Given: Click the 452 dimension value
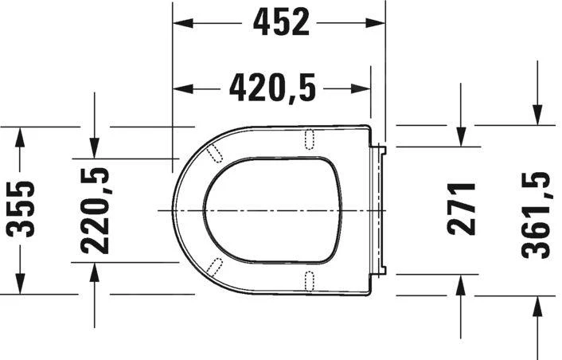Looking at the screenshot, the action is tap(281, 22).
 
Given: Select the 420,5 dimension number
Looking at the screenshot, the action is tap(272, 88).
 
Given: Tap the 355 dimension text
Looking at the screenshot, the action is tap(21, 209).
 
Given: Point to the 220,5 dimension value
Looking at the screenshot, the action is tap(95, 211).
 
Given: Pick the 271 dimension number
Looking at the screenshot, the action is tap(462, 209).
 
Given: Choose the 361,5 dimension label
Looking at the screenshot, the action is tap(536, 215).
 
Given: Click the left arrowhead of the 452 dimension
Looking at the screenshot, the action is tap(183, 23).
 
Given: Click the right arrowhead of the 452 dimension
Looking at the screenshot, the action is tap(375, 23).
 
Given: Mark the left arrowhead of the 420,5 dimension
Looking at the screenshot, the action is tap(183, 88).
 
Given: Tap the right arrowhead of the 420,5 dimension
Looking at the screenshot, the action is tap(361, 88).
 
